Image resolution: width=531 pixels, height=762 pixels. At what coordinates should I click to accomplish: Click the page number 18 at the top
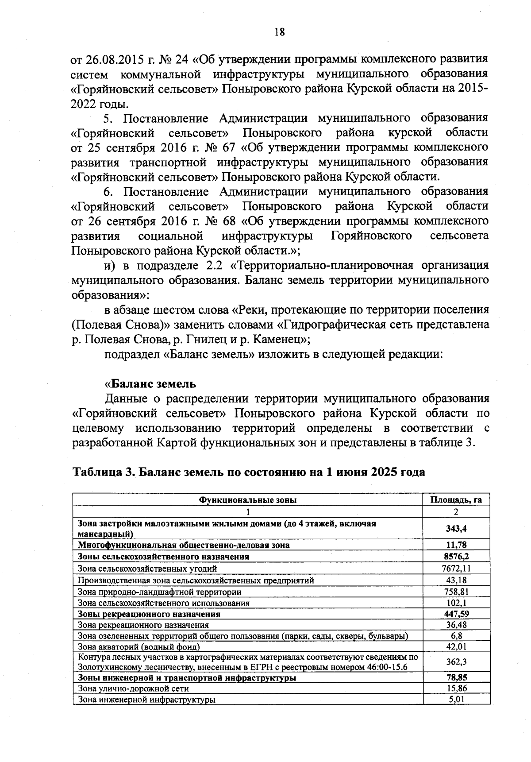(x=279, y=32)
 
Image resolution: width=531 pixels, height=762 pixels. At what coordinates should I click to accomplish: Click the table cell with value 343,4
(x=456, y=529)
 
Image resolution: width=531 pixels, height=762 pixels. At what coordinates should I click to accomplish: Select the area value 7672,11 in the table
(x=457, y=568)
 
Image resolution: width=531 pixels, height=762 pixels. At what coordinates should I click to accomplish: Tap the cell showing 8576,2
(x=456, y=557)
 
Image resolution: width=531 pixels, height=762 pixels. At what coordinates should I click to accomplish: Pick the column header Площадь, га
(x=456, y=500)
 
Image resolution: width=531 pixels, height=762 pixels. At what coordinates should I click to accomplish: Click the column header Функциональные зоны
(x=248, y=500)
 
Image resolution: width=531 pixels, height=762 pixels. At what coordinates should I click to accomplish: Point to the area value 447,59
(x=456, y=614)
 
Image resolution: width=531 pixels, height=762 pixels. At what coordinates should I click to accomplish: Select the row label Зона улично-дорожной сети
(x=133, y=689)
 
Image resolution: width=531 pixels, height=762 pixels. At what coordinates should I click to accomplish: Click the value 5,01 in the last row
(x=456, y=700)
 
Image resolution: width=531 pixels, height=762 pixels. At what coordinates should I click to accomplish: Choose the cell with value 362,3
(x=456, y=662)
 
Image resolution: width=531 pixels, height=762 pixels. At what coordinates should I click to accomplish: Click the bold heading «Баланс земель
(x=150, y=383)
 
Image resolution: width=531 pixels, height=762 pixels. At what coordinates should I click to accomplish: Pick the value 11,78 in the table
(x=456, y=545)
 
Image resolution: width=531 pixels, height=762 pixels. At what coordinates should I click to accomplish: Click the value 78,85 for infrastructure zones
(x=456, y=677)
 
